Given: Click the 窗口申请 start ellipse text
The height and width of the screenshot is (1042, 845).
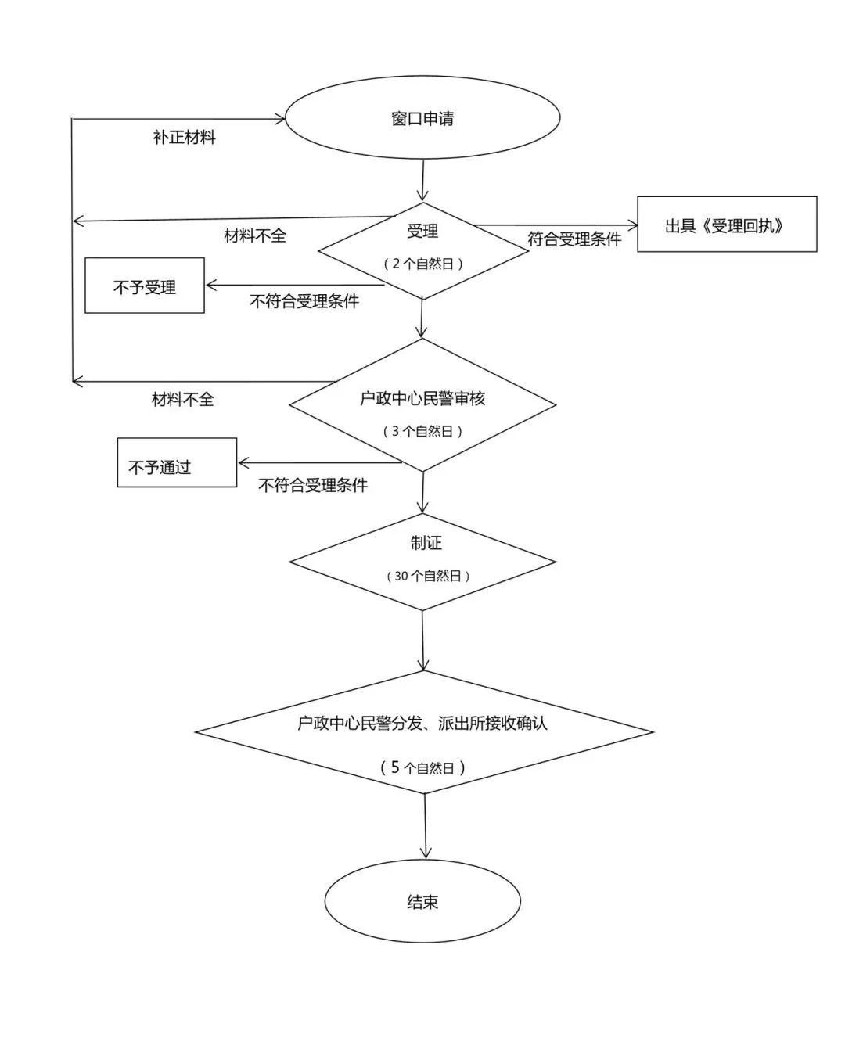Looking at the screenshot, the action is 422,118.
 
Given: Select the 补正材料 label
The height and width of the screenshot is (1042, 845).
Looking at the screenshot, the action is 184,138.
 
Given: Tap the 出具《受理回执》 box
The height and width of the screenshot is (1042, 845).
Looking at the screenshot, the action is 727,224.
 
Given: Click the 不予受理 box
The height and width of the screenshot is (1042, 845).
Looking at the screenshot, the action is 144,286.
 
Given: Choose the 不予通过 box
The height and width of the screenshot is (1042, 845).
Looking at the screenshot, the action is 177,462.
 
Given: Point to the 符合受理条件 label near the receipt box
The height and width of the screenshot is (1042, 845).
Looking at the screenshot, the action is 574,239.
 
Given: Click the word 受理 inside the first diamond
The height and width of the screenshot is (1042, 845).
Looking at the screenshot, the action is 422,231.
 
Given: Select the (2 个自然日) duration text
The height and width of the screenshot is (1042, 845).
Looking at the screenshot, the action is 422,264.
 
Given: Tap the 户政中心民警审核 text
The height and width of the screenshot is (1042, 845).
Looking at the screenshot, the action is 422,398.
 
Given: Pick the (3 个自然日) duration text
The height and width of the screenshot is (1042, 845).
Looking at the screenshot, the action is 422,431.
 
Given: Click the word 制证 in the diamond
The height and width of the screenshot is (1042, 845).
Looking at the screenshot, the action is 426,543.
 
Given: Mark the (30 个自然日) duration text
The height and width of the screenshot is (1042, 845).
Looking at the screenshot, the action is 428,576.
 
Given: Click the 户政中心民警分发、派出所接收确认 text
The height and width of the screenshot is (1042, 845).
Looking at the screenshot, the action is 422,723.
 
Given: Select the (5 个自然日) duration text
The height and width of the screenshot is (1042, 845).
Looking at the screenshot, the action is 422,767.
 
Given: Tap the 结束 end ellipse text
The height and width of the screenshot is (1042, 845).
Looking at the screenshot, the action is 422,902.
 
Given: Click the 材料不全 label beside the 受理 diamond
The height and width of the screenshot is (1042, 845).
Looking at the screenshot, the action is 255,235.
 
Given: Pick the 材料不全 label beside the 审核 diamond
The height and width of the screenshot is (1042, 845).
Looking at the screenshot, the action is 182,400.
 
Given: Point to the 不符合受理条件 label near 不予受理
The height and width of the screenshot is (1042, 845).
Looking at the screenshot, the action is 304,301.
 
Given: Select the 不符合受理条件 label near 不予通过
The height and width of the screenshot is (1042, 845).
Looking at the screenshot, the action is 313,485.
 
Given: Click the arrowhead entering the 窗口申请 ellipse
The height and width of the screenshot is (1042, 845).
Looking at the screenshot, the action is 281,118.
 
